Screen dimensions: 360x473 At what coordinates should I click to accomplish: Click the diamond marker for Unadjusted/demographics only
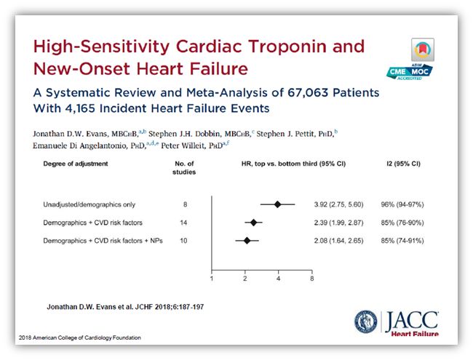point(278,204)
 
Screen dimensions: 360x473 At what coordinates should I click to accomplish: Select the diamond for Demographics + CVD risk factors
point(253,223)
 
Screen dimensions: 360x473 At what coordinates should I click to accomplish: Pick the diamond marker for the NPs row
point(247,240)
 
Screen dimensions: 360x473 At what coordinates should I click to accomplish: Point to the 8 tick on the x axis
point(311,278)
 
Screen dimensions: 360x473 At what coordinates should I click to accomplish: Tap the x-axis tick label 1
point(212,278)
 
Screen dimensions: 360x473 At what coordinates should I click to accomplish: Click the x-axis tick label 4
point(278,278)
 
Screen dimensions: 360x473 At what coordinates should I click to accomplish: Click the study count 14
point(185,223)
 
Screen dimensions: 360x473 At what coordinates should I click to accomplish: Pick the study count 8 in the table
point(185,204)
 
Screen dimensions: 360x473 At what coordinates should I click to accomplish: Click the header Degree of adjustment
point(75,164)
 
